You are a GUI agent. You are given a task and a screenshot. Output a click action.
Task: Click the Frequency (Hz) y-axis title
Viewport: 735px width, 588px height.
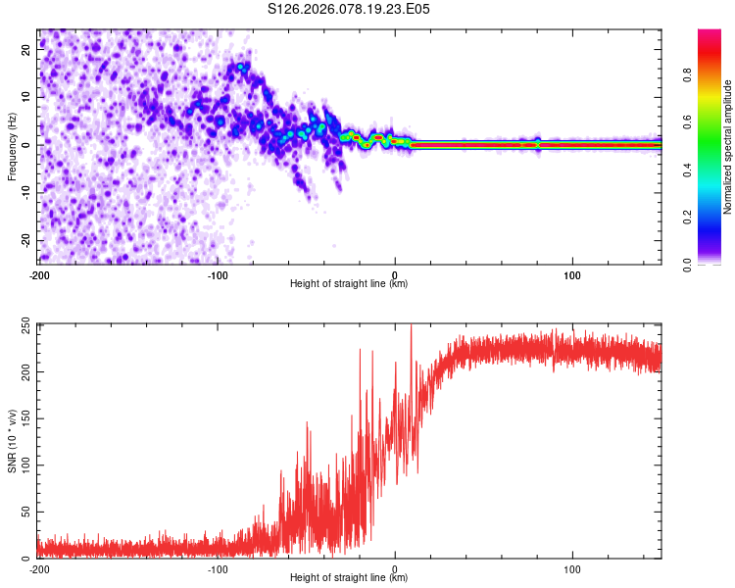tap(12, 146)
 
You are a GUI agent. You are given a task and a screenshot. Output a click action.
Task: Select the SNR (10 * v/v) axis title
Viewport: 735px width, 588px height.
tap(12, 440)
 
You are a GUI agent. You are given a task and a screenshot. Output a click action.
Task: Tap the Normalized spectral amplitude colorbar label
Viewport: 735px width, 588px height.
tap(727, 147)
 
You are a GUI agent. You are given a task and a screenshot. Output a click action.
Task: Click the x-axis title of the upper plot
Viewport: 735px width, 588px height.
tap(349, 283)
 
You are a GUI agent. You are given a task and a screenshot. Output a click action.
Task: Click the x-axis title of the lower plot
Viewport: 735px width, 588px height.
tap(349, 577)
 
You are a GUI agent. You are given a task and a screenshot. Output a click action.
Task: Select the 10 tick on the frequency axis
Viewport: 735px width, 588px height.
tap(26, 98)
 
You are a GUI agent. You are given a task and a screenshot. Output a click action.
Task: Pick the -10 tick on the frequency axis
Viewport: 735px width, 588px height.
tap(24, 193)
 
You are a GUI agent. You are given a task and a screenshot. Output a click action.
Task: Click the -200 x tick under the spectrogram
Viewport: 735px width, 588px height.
tap(39, 274)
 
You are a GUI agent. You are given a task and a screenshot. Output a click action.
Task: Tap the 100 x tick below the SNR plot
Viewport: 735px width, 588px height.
tap(572, 568)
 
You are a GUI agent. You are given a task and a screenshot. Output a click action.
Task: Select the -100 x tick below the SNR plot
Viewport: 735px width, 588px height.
tap(217, 568)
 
